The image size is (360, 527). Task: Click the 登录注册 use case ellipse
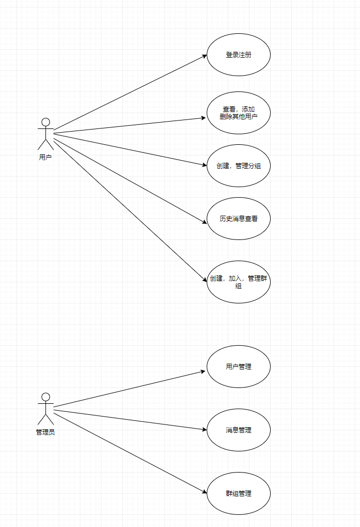[x=238, y=54]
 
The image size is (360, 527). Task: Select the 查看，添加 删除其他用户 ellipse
[x=238, y=113]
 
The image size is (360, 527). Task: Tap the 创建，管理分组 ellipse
[x=238, y=165]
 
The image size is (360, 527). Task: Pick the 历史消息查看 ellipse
[x=238, y=218]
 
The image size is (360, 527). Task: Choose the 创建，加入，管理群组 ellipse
[x=238, y=282]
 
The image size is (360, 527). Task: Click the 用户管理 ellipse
[x=238, y=366]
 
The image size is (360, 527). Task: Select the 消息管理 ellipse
[x=238, y=430]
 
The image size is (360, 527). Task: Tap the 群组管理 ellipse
[x=238, y=493]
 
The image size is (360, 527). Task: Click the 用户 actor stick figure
[x=45, y=134]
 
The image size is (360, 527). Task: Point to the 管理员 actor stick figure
[x=45, y=409]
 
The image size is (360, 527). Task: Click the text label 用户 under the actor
[x=45, y=157]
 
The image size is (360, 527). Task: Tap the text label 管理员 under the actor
[x=45, y=432]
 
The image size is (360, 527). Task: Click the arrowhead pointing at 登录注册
[x=204, y=56]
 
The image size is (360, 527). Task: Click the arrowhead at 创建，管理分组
[x=204, y=165]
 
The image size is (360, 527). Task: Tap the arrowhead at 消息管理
[x=204, y=429]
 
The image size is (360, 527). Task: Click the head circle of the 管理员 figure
[x=45, y=397]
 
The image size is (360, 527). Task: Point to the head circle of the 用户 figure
[x=45, y=122]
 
